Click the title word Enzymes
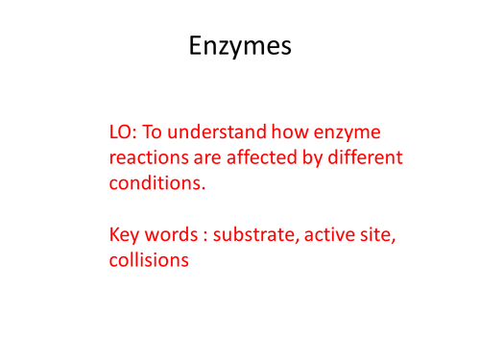(239, 44)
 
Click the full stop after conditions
(204, 189)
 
